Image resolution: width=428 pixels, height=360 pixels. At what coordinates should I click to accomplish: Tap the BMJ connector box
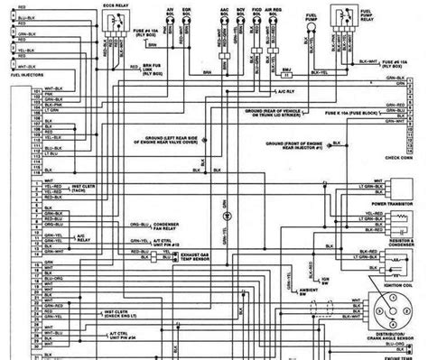coord(286,70)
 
